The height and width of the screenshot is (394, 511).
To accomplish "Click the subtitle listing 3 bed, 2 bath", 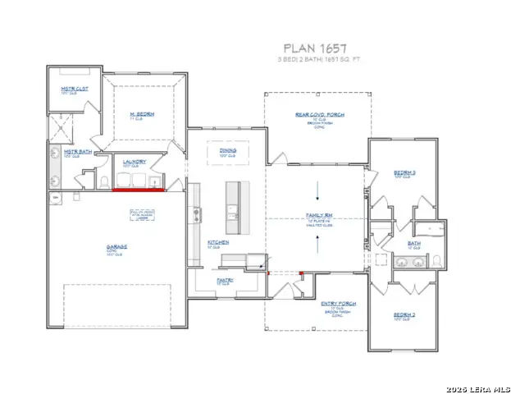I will point(320,60).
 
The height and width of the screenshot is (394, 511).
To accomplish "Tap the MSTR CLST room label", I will point(75,89).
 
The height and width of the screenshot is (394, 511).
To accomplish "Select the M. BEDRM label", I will point(142,113).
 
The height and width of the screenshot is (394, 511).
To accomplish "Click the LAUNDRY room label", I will point(135,162).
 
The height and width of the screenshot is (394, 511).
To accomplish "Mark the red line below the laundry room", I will point(139,190).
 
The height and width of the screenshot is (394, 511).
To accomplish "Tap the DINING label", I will point(228,151).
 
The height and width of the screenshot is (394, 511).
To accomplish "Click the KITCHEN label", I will point(217,243).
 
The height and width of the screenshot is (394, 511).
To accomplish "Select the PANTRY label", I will point(226,280).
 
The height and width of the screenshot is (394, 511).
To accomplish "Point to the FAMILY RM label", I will point(318,216).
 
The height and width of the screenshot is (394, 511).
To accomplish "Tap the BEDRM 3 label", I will point(404,172).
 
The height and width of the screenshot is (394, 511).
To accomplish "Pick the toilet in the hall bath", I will point(437,261).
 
